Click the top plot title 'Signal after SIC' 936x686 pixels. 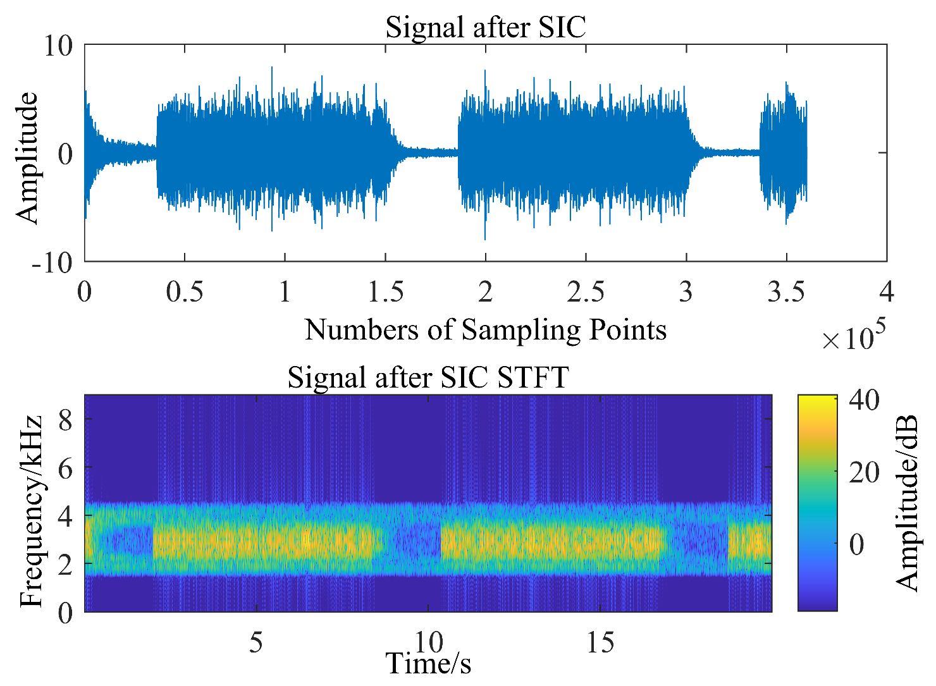(x=486, y=27)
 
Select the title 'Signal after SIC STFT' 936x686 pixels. (x=428, y=377)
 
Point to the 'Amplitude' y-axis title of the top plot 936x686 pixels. (x=27, y=158)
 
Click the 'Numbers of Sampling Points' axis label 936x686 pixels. (x=486, y=329)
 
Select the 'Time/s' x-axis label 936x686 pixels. (x=428, y=663)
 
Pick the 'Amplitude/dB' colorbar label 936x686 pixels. (x=907, y=503)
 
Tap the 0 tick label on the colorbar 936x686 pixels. (x=856, y=544)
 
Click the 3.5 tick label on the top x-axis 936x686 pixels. (x=786, y=293)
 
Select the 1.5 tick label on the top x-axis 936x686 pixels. (x=385, y=293)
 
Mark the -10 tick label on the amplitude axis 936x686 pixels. (x=52, y=262)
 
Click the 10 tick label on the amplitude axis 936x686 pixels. (x=58, y=46)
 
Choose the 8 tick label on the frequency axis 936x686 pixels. (x=65, y=419)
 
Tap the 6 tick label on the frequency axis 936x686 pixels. (x=65, y=467)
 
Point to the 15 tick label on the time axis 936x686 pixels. (x=600, y=643)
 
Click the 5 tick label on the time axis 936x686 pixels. (x=256, y=643)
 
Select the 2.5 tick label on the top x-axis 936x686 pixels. (x=586, y=293)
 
